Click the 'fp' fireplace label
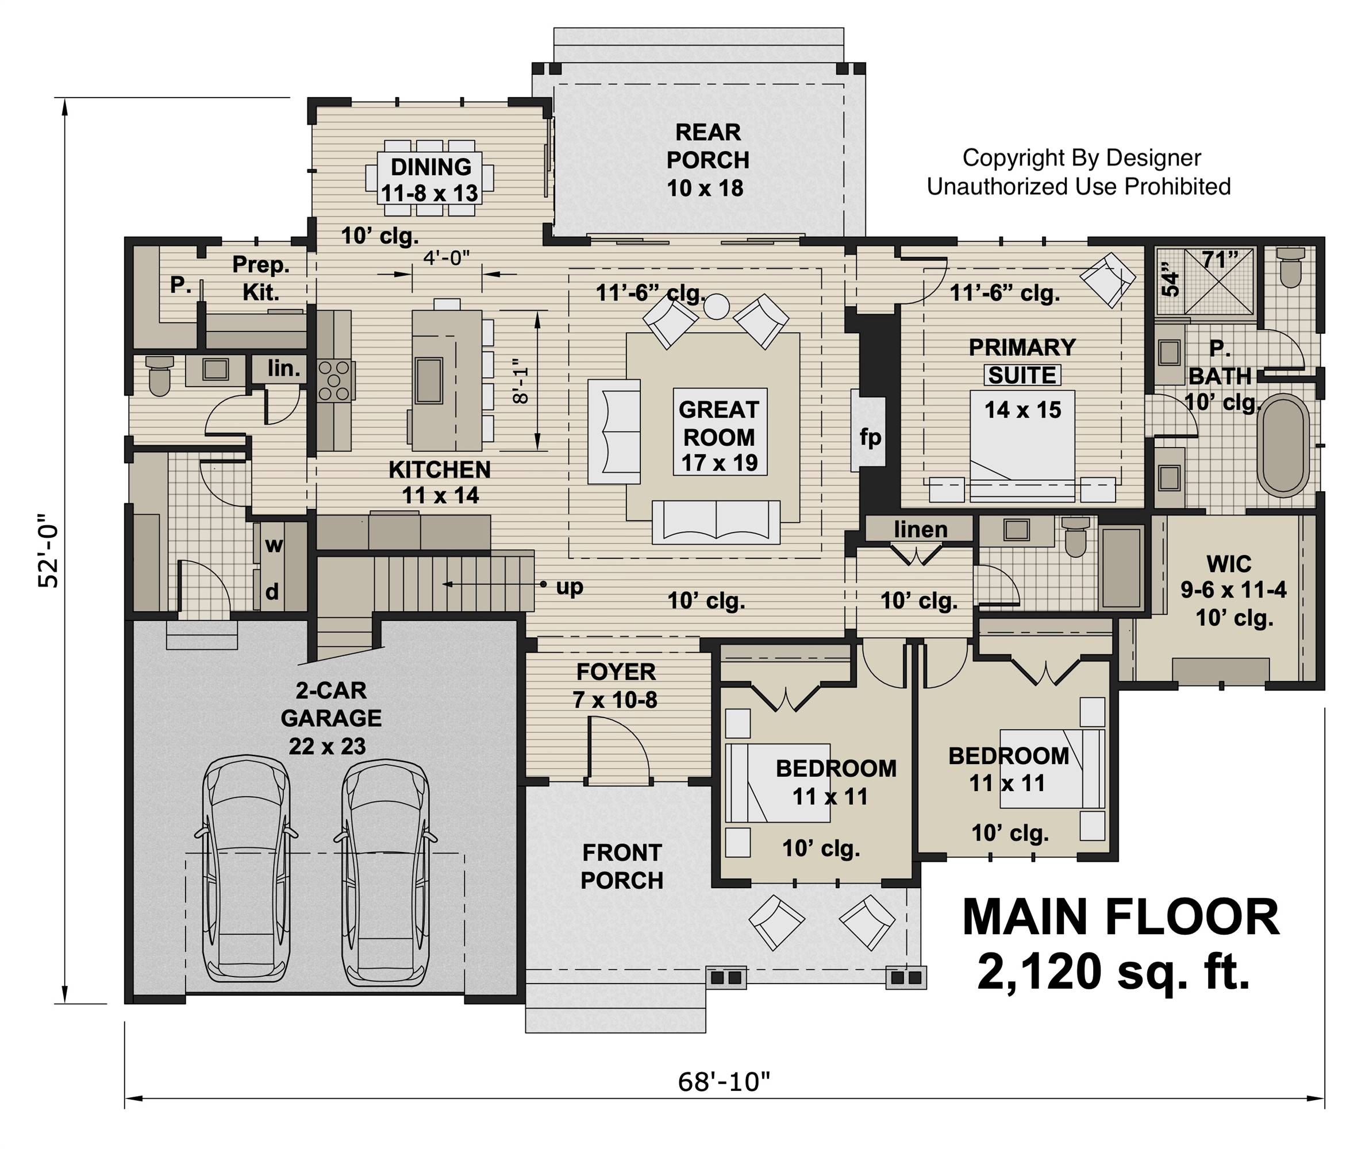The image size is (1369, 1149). tap(870, 437)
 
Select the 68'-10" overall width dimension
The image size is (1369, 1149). tap(724, 1082)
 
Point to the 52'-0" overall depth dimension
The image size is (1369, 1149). tap(49, 552)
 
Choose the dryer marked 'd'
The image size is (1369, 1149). tap(272, 591)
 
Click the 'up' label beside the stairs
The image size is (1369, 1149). tap(569, 587)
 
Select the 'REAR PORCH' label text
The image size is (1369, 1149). tap(708, 146)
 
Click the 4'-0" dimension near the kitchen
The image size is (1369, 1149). tap(447, 259)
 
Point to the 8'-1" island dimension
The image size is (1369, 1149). tap(521, 381)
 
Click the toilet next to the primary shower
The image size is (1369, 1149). tap(1290, 268)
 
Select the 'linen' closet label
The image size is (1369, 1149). tap(921, 529)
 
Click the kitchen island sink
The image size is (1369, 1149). tap(429, 380)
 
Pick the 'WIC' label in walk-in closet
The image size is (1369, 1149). tap(1229, 563)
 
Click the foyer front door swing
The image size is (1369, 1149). tap(620, 747)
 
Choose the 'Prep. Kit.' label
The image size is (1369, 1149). tap(261, 278)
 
